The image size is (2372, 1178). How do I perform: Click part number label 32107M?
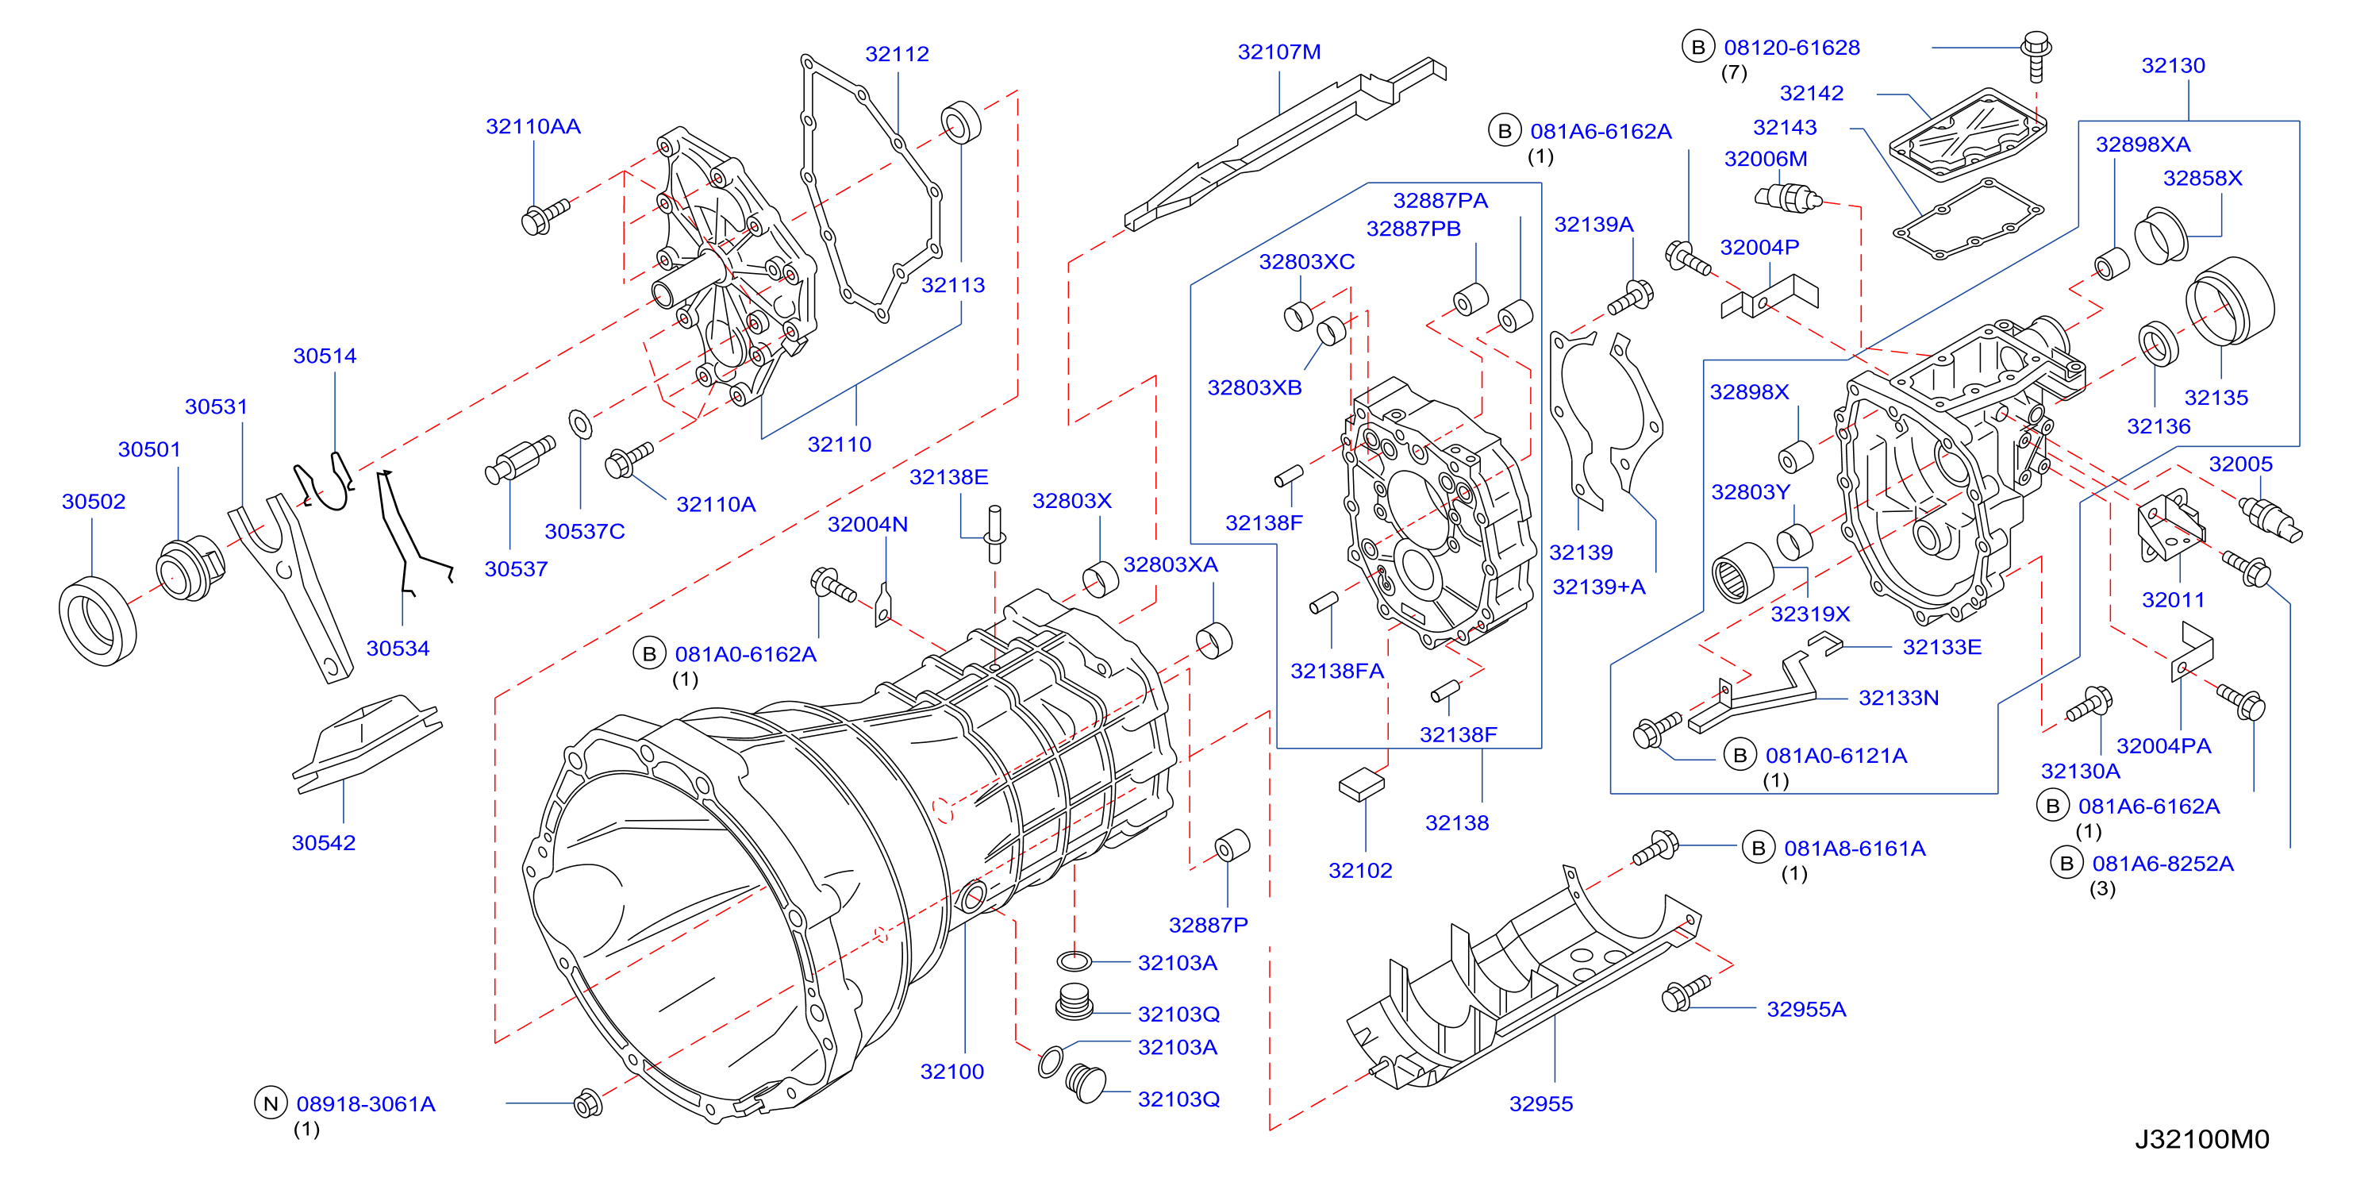(x=1279, y=52)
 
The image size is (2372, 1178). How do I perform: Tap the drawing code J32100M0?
(x=2201, y=1139)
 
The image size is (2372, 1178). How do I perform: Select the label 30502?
(x=93, y=501)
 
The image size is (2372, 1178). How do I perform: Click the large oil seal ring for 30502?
(x=98, y=620)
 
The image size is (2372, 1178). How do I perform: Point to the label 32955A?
(x=1805, y=1009)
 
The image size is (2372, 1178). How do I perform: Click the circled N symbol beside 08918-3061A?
(x=271, y=1103)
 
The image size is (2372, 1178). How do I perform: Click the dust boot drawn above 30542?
(x=367, y=742)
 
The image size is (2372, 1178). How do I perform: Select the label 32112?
(x=897, y=53)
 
